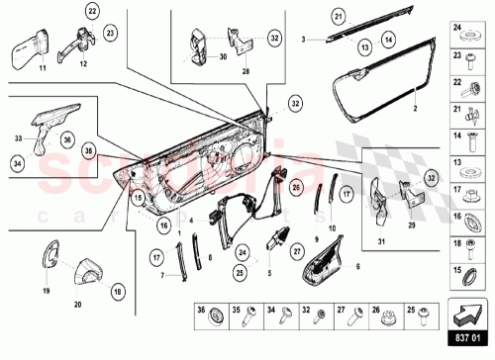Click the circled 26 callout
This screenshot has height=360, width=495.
point(296,187)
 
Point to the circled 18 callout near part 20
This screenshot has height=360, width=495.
point(118,292)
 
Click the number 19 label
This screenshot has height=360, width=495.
point(46,292)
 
